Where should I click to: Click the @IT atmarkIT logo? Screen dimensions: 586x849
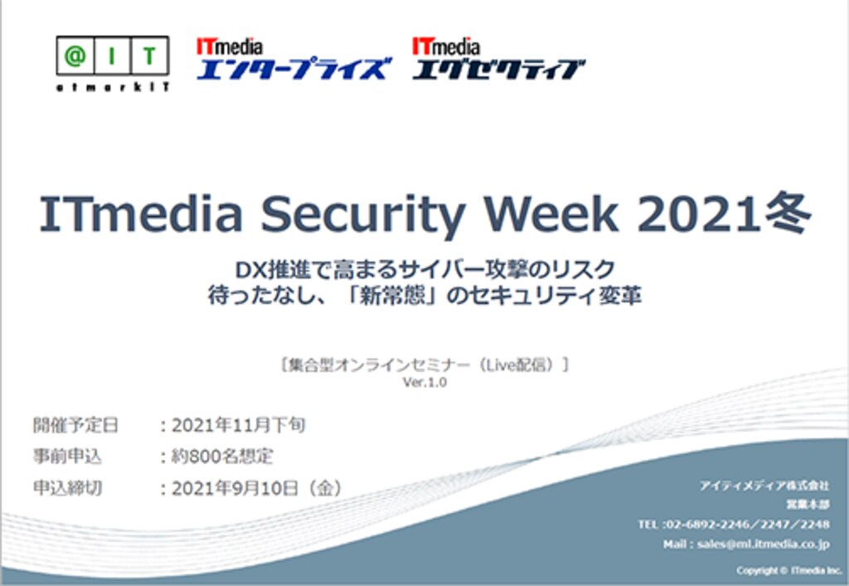[114, 63]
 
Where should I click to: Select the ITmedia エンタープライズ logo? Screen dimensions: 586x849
[291, 59]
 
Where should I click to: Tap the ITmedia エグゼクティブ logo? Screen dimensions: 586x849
[498, 59]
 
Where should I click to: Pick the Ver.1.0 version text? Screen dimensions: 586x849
[424, 383]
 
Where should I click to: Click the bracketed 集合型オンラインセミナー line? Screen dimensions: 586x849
[424, 365]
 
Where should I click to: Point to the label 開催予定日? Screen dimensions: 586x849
[75, 426]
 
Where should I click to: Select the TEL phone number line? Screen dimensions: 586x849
[733, 525]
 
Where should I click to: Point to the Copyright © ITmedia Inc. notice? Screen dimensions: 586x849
[788, 570]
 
